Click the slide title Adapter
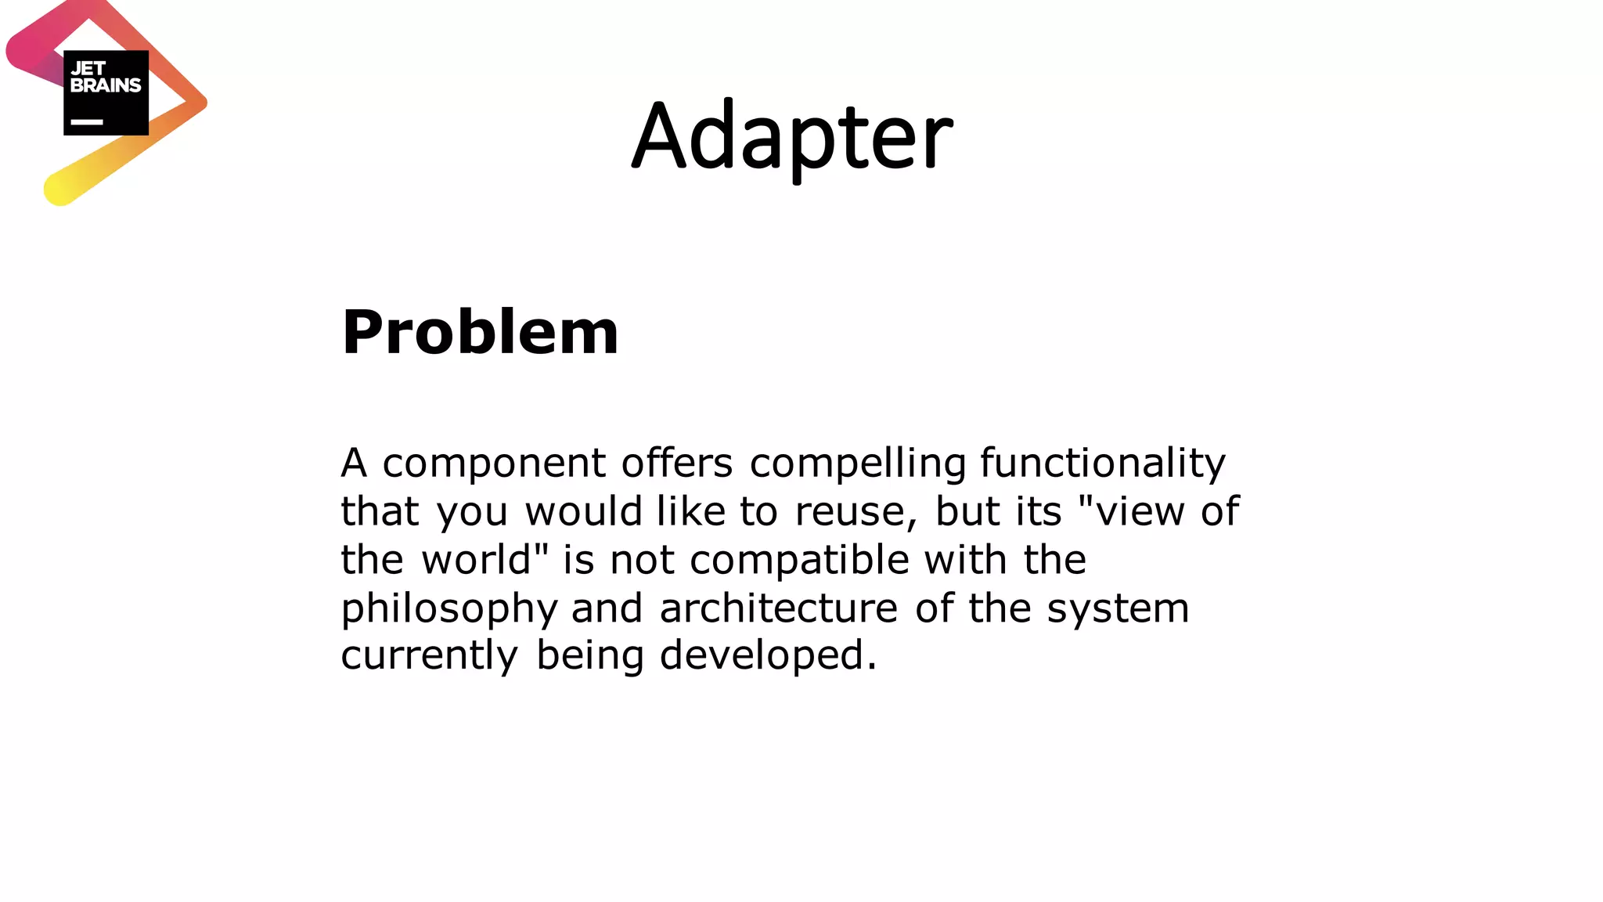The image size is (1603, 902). [792, 137]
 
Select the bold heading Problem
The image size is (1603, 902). [480, 332]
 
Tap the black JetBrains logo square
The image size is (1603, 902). [106, 92]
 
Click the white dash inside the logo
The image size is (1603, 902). [87, 122]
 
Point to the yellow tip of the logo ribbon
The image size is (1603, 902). [59, 189]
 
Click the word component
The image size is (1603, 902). [494, 463]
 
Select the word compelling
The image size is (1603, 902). [858, 463]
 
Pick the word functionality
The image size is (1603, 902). [1103, 463]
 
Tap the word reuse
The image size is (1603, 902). [856, 511]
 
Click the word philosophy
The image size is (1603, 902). [448, 608]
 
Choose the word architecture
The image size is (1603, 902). [779, 608]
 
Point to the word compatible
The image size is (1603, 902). [799, 560]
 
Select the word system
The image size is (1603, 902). [1118, 608]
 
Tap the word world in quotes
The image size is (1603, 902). [477, 560]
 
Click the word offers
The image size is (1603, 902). [677, 463]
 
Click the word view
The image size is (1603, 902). [1140, 511]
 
